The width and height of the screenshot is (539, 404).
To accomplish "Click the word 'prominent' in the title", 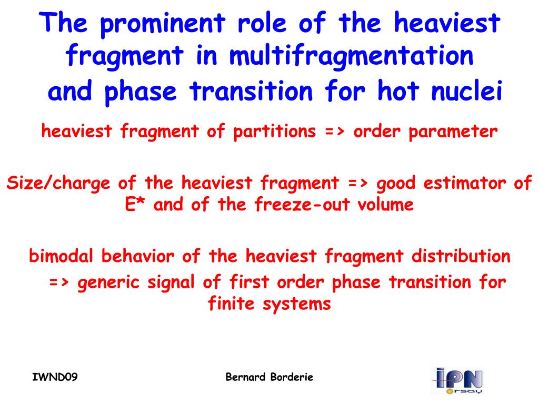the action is point(163,24).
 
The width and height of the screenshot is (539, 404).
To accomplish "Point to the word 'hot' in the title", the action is point(398,90).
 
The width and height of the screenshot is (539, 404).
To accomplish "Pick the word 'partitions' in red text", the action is point(275,132).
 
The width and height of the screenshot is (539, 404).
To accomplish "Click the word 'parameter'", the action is point(453,132).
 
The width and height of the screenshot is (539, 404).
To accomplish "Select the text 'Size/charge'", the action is point(58,183).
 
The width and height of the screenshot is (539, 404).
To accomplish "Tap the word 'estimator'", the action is point(464,183).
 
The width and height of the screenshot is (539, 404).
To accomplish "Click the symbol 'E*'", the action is point(134,205).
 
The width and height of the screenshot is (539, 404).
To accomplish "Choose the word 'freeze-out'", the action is point(302,205).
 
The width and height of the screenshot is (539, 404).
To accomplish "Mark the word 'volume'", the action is point(385,205).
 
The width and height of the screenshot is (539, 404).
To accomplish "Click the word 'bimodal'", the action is point(61,256).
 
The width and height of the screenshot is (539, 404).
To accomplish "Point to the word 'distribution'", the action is point(461,256).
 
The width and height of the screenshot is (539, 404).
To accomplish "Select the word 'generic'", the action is point(108,282).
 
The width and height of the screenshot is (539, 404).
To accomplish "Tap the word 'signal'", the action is point(171,282).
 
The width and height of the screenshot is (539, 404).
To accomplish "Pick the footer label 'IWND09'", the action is point(55,377).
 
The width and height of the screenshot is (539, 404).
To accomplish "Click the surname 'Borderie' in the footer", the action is point(292,377).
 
